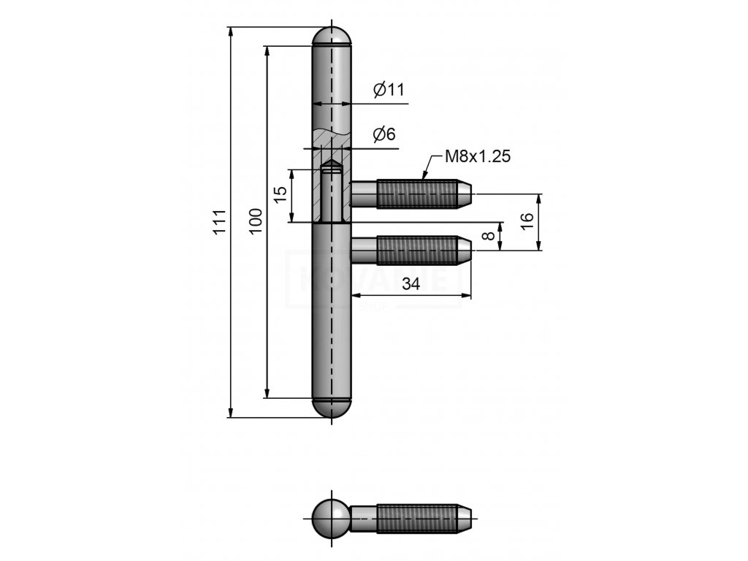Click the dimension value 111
tap(218, 222)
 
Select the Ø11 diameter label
tap(388, 90)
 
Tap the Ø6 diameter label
tap(384, 134)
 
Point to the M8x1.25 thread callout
tap(476, 156)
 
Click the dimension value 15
tap(280, 195)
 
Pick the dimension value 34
tap(411, 286)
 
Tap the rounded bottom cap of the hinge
tap(332, 408)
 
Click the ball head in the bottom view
tap(329, 517)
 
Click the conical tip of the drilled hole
tap(332, 164)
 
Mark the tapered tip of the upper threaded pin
tap(465, 194)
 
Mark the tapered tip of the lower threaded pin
tap(465, 251)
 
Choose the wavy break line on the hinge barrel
tap(332, 135)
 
